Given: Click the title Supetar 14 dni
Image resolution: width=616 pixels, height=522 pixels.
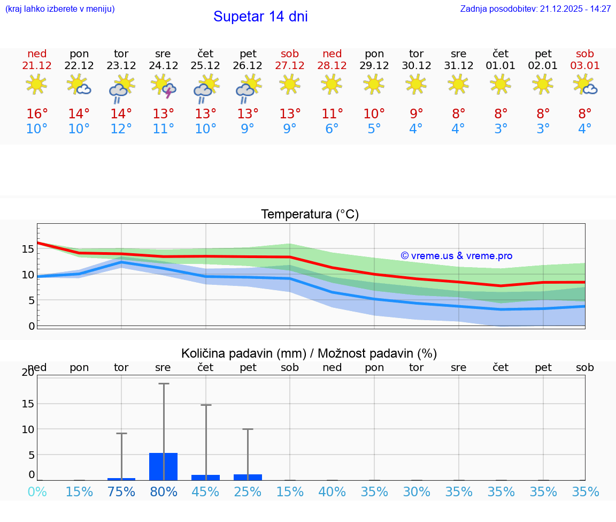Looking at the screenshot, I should point(260,17).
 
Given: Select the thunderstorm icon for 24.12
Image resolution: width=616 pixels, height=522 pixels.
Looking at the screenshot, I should point(164,86).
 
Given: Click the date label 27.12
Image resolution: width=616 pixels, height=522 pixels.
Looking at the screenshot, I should point(290,66).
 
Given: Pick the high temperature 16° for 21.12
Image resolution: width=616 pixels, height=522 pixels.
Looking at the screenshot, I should point(37,114).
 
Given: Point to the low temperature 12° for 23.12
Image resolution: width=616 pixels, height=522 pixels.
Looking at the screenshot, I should point(121,129).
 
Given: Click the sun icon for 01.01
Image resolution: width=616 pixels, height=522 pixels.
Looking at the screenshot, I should point(500,84).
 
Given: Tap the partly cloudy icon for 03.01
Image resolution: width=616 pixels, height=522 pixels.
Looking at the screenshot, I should point(585,85).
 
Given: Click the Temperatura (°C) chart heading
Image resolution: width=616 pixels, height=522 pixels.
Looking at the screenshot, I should point(310,215).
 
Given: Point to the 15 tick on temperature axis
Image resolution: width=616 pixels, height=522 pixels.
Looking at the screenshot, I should point(28,249).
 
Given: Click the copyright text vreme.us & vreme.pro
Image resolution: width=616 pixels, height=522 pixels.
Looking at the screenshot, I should point(457,256).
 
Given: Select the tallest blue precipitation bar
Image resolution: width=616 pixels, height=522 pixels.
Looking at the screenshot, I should point(164,466).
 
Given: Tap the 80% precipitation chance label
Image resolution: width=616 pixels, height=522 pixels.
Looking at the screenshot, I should point(164,491).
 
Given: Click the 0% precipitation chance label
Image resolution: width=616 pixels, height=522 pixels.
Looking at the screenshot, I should point(37,491).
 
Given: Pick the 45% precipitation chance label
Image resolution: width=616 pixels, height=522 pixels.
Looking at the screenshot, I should point(205,491).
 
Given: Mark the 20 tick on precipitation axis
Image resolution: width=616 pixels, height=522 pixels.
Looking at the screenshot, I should point(28,373).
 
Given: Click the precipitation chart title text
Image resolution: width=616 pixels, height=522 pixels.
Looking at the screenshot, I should point(309,353).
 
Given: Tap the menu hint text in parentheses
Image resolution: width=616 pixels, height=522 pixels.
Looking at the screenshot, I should point(60,9).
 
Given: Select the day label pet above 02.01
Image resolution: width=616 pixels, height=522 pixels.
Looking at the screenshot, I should point(543,54).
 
